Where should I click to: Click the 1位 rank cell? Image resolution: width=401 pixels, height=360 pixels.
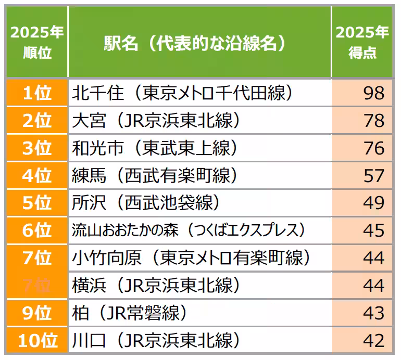(37, 93)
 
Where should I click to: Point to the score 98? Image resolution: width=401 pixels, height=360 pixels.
(373, 93)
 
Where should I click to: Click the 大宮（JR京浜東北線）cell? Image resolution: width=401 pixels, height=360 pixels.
(156, 121)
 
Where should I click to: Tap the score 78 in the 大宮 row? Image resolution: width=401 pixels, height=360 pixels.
(373, 121)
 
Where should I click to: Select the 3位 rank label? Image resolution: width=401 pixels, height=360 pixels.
(37, 148)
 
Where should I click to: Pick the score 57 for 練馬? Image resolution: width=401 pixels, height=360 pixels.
(373, 176)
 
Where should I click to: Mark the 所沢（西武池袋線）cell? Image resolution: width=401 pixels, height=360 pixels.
(146, 203)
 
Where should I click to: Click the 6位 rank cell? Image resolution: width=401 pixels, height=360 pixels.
(37, 230)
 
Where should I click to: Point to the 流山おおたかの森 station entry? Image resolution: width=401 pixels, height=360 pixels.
(188, 230)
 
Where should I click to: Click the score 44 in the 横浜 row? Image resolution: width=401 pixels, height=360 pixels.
(373, 286)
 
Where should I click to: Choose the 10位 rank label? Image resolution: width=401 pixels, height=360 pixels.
(37, 341)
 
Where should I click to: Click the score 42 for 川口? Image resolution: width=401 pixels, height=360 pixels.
(373, 341)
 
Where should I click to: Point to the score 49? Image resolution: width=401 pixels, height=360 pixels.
(373, 203)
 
